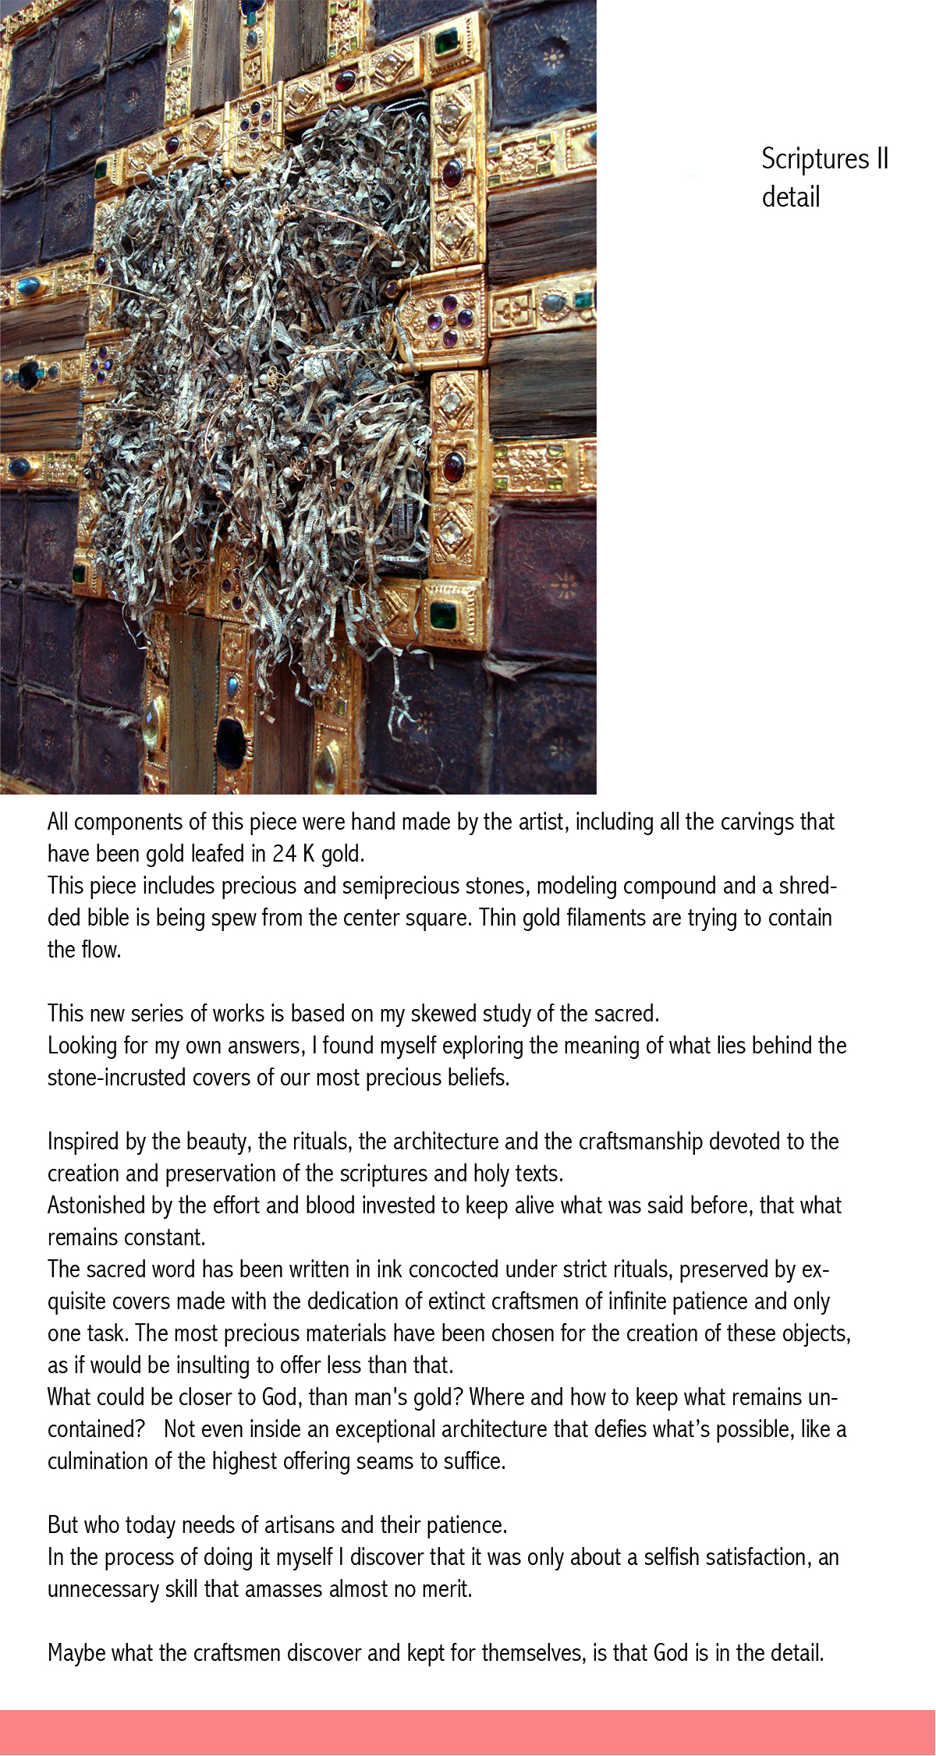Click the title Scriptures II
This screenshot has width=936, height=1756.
824,158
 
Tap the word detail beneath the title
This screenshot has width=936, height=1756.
790,196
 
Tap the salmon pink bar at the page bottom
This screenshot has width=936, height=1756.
468,1732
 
